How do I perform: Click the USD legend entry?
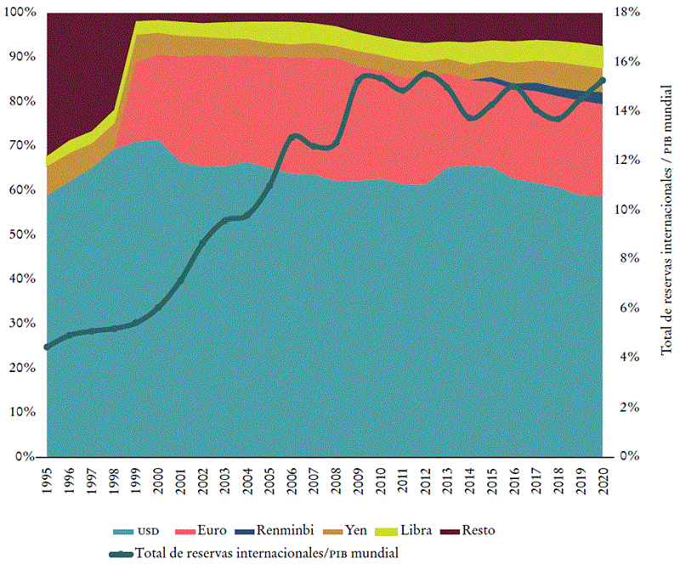[x=137, y=532]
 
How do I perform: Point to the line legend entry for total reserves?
[x=255, y=553]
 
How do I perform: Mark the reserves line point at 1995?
[x=47, y=347]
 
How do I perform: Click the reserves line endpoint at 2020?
[x=603, y=80]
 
